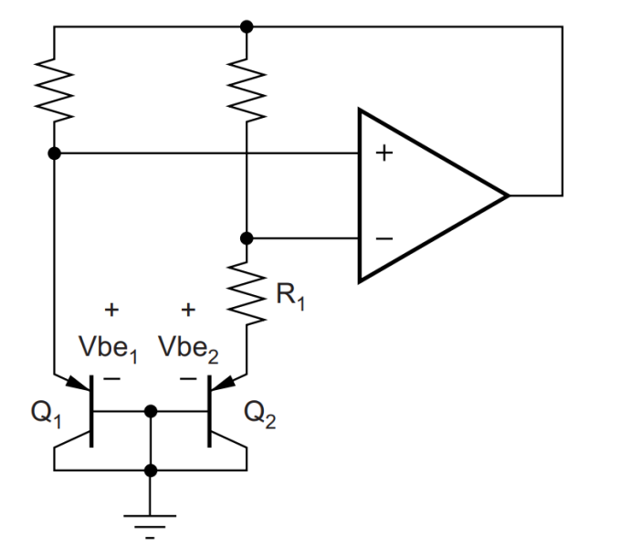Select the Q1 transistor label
43,416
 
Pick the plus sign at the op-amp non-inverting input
384,153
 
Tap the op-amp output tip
507,195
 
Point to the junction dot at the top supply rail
246,26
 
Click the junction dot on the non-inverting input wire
55,153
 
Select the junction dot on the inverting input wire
246,238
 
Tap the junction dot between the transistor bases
151,413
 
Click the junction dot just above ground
151,470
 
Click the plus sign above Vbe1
111,311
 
